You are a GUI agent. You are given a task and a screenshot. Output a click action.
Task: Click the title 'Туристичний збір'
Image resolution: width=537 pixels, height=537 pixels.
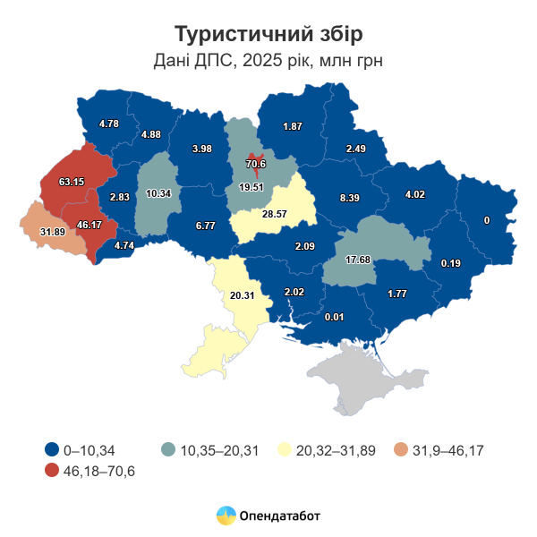(268, 34)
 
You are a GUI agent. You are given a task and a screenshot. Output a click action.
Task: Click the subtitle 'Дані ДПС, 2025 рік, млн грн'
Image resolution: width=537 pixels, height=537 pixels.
(268, 61)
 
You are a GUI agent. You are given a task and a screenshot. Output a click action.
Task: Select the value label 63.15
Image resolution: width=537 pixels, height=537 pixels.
(72, 182)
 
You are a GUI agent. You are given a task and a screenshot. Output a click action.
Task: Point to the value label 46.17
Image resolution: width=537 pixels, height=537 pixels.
(89, 225)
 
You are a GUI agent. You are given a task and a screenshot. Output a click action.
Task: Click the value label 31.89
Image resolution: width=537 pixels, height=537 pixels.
(53, 233)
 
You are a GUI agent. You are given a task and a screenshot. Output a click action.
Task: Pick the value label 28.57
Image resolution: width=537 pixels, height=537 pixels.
(274, 215)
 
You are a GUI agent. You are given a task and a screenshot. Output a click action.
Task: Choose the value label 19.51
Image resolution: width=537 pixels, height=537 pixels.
(251, 187)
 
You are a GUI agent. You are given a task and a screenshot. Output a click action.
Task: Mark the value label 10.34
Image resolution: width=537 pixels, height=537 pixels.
(158, 193)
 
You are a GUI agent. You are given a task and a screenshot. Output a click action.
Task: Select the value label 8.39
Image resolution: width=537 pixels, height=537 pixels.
(350, 198)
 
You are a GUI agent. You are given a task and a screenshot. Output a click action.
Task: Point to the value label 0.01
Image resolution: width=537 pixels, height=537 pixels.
(335, 317)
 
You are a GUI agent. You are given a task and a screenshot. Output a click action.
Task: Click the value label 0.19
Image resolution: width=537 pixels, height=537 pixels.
(450, 263)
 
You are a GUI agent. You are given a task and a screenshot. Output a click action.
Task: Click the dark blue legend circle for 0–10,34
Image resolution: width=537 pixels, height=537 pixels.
(51, 450)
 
